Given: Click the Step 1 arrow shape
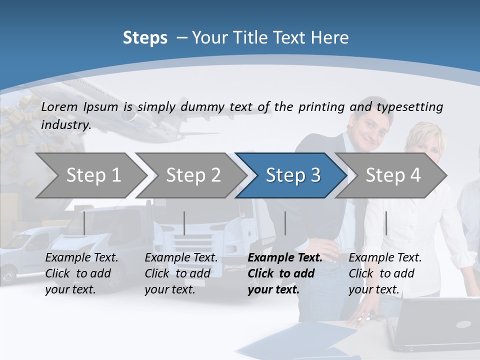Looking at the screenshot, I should (x=92, y=175).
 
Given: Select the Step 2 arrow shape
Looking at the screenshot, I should (x=192, y=175).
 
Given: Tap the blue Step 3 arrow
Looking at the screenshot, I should (x=292, y=175).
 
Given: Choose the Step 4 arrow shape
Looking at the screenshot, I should (x=392, y=175).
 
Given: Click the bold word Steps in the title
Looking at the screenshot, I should (x=145, y=38).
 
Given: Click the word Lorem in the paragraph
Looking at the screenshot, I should (x=59, y=106).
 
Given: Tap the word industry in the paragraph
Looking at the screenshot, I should (x=65, y=124).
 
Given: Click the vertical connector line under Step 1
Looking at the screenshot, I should (x=84, y=223).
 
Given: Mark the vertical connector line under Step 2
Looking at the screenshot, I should (x=184, y=223).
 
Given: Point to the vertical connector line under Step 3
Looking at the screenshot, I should (x=285, y=223).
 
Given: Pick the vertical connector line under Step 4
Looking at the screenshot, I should (x=386, y=223).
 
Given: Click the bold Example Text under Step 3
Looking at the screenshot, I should (x=285, y=258).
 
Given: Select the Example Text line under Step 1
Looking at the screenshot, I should (x=81, y=258).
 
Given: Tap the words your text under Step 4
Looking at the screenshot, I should (x=373, y=289).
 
